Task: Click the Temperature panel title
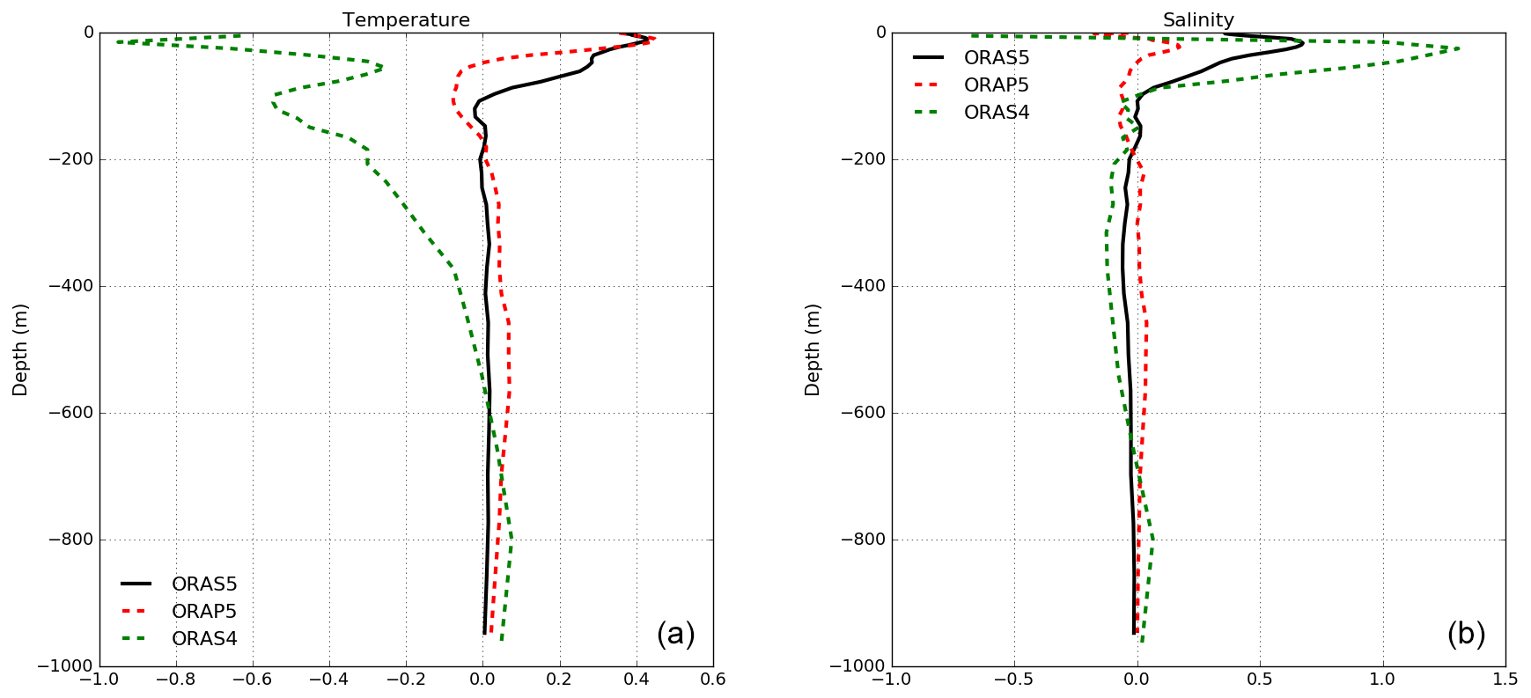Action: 406,19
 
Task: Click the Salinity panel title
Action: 1198,19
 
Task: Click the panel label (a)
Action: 675,634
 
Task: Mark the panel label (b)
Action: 1466,634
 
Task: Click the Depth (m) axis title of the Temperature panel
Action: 20,349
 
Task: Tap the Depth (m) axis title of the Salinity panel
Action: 813,349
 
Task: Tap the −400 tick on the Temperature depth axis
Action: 70,286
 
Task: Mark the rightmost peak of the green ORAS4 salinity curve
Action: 1459,48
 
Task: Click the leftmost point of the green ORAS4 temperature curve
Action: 116,41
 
